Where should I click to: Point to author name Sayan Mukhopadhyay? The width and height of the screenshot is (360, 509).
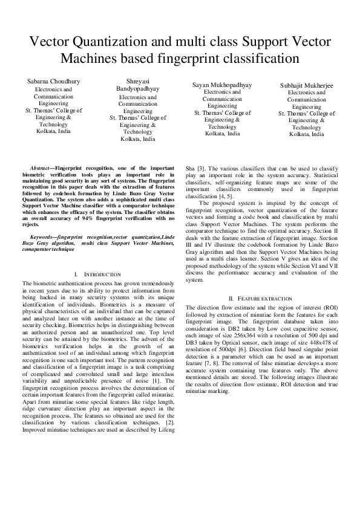222,85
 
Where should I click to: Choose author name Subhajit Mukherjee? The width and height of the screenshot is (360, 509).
307,86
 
